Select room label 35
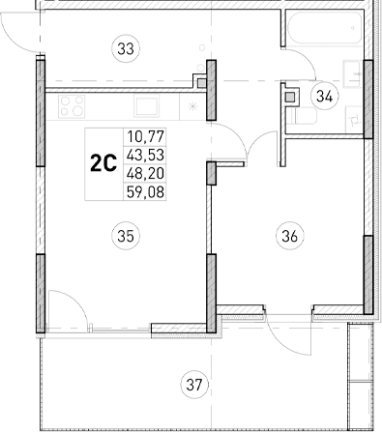tap(123, 233)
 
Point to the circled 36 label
tap(286, 233)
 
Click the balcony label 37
tap(195, 387)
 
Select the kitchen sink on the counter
tap(147, 104)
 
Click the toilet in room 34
tap(295, 113)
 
